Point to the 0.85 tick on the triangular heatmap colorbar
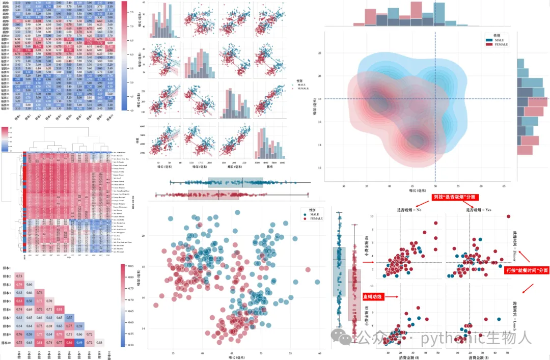(x=130, y=265)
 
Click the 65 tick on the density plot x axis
(x=503, y=187)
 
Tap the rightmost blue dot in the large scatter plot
(x=317, y=282)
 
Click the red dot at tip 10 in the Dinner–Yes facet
(x=508, y=216)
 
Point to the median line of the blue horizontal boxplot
(x=242, y=182)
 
